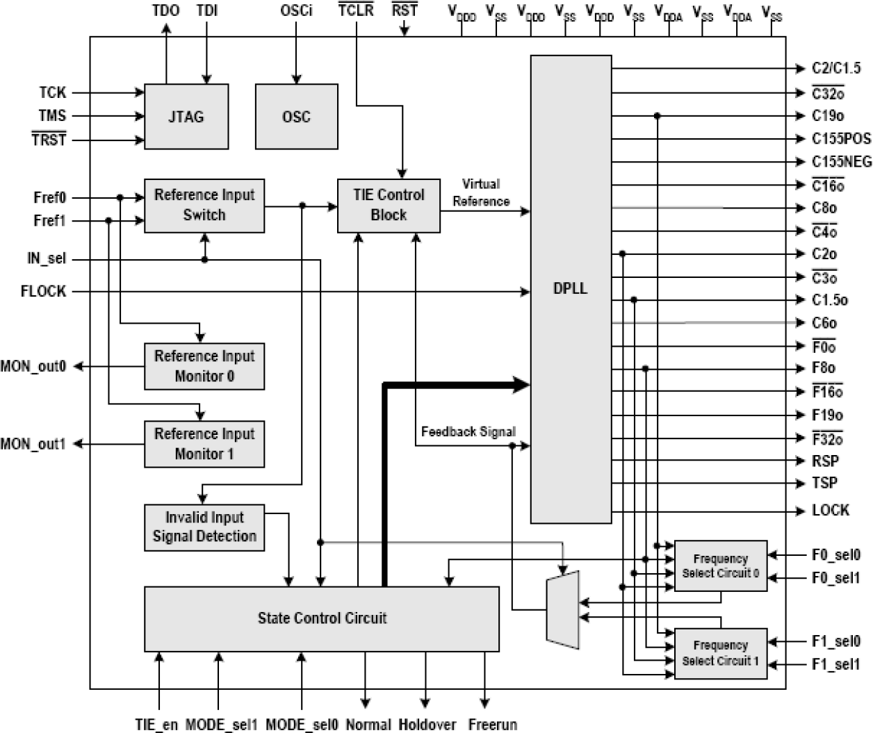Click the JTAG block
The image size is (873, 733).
pos(186,116)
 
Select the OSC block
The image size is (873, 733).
pos(296,116)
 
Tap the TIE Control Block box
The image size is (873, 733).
pos(388,205)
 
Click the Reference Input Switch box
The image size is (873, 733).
pos(204,205)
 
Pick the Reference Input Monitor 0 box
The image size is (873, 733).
pos(204,365)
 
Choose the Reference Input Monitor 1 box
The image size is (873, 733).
pos(204,443)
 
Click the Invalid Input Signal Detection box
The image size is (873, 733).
pos(204,527)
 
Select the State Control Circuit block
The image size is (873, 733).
pos(321,618)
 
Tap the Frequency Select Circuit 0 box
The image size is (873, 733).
pos(720,566)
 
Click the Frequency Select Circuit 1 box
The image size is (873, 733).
pos(720,652)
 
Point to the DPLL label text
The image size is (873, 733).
pos(570,288)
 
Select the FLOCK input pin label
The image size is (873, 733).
pos(43,292)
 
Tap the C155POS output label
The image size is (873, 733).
pos(841,138)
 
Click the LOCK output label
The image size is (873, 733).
pos(830,511)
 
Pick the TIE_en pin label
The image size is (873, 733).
pos(156,725)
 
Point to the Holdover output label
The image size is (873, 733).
pos(427,725)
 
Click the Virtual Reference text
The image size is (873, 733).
pos(481,192)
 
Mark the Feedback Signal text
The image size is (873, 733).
pos(468,431)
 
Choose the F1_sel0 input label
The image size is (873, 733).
pos(835,641)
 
